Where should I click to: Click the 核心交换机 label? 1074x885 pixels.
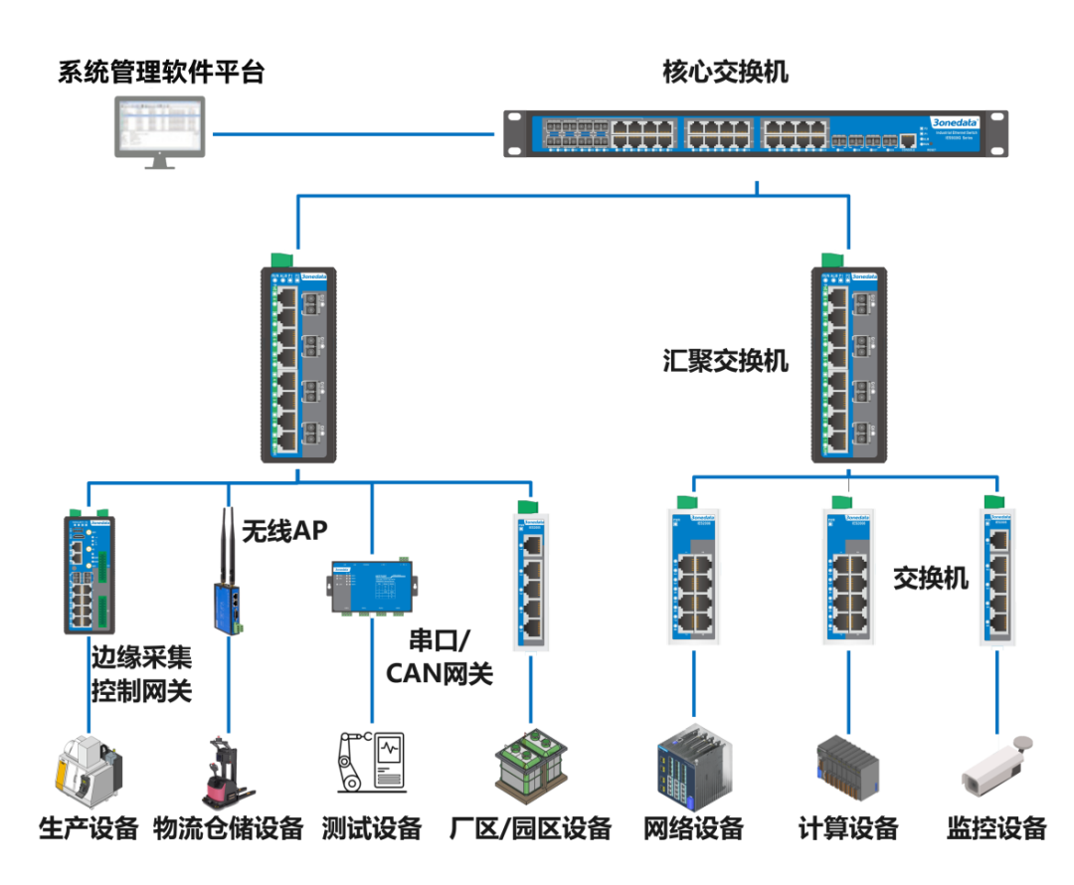click(x=725, y=73)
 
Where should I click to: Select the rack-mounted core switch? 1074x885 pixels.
click(x=756, y=133)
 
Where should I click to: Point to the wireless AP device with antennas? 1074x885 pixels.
click(x=228, y=592)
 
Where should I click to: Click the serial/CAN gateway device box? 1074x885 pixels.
click(x=372, y=589)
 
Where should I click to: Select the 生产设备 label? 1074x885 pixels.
click(x=89, y=828)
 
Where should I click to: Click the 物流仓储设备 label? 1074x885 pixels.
click(x=229, y=828)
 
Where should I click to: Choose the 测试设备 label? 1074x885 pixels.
click(x=373, y=828)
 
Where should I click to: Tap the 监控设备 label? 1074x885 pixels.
click(x=996, y=828)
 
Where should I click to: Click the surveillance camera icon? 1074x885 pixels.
click(x=995, y=767)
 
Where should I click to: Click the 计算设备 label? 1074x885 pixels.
click(x=848, y=828)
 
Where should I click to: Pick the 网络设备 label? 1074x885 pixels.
click(x=693, y=828)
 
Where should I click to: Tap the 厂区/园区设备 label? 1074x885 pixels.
click(x=530, y=828)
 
